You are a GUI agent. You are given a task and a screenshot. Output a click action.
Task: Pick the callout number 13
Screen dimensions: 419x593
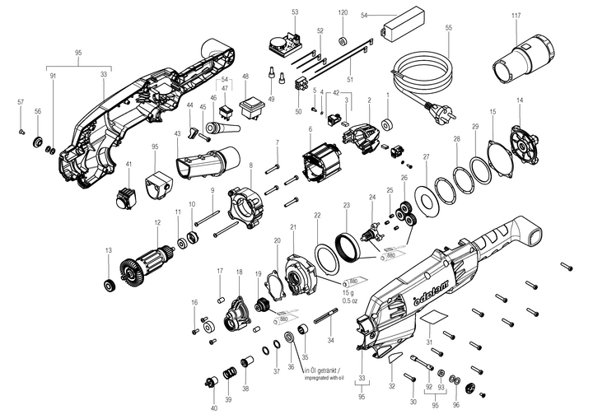(x=108, y=249)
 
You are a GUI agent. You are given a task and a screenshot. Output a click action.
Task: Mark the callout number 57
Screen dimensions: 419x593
(x=21, y=102)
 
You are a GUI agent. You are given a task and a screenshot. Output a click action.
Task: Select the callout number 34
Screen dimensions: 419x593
(x=330, y=340)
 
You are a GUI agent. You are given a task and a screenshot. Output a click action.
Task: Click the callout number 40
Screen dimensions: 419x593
(x=214, y=408)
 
